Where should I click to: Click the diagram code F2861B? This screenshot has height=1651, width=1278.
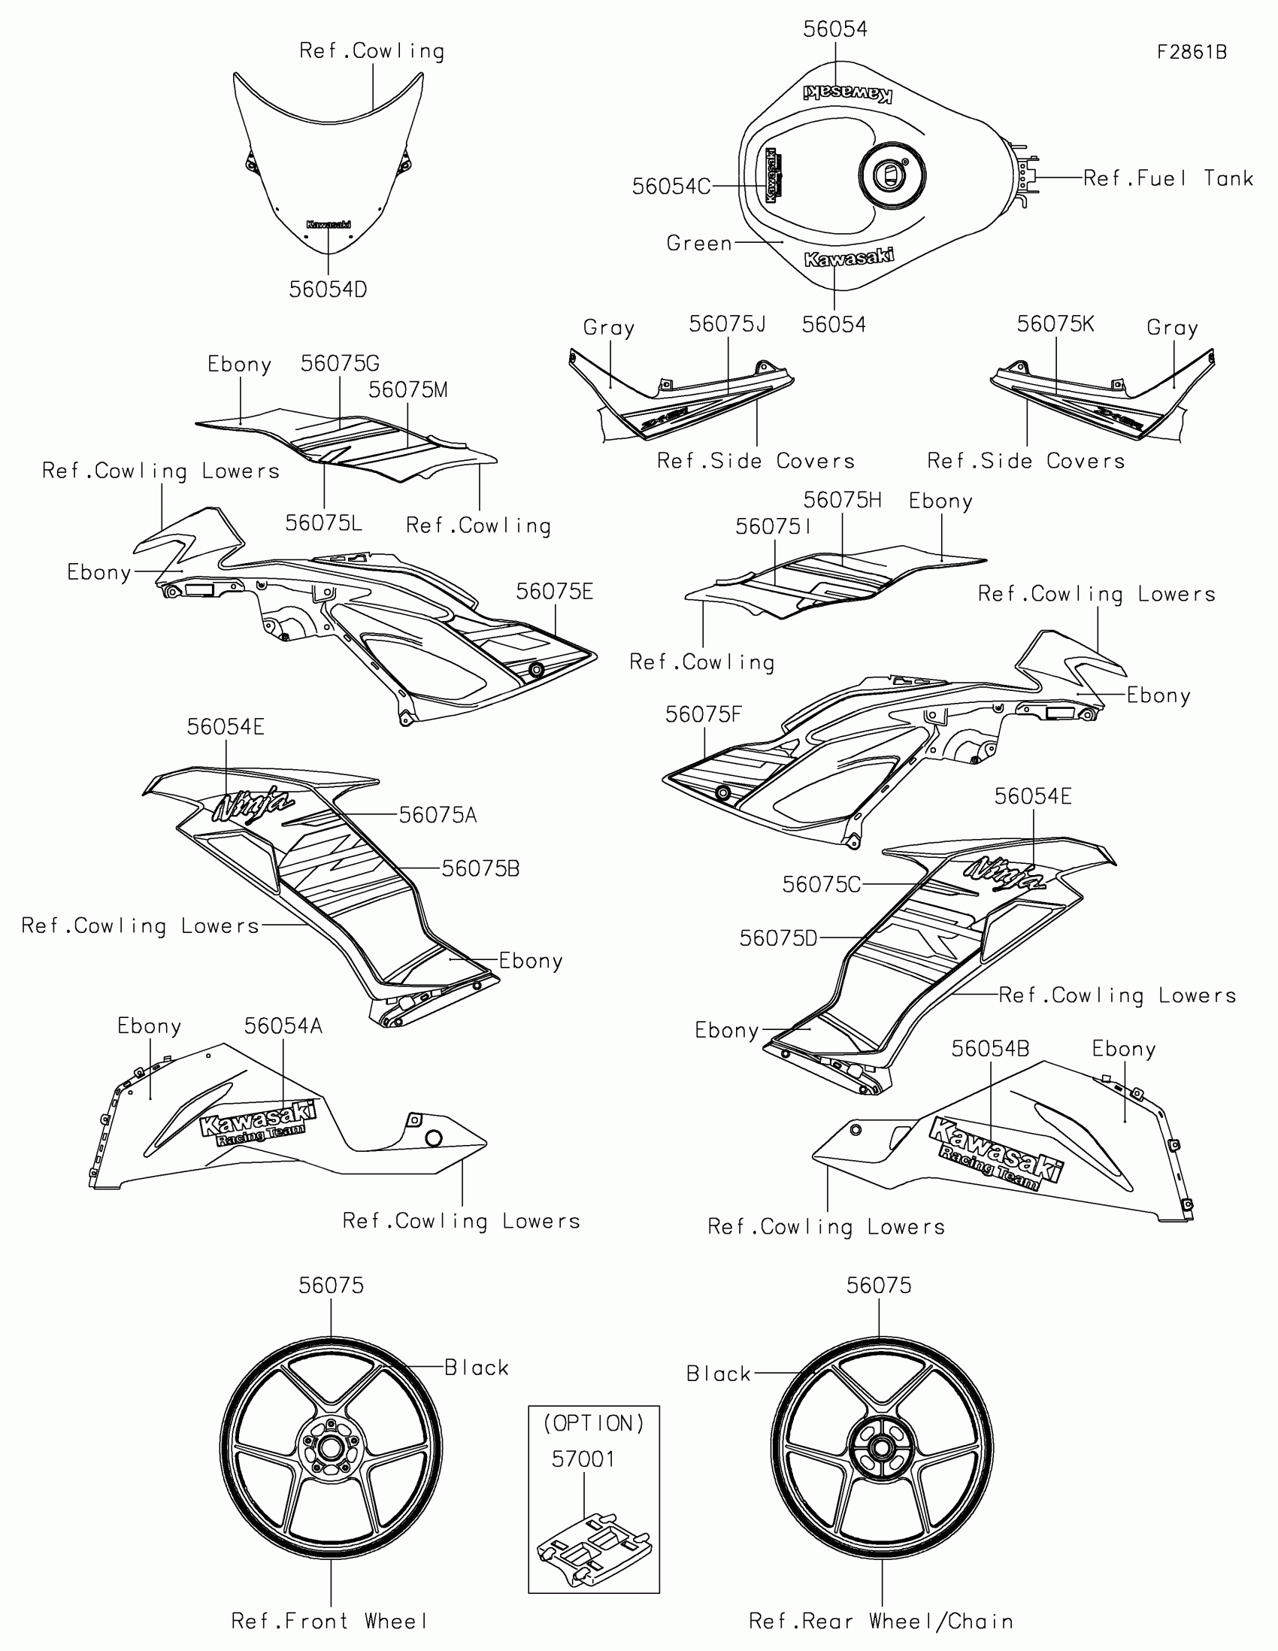tap(1192, 52)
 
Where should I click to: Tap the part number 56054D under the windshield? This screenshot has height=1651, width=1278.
tap(328, 289)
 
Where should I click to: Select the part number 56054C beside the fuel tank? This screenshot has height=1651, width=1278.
tap(671, 186)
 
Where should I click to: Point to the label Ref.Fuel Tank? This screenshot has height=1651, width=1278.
tap(1167, 178)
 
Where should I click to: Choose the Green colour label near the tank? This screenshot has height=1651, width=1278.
tap(699, 244)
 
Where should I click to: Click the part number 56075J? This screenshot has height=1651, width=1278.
tap(727, 324)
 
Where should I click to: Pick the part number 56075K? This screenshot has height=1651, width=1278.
tap(1055, 324)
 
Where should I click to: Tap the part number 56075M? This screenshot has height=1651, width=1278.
tap(408, 390)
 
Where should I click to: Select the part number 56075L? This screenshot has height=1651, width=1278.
tap(323, 523)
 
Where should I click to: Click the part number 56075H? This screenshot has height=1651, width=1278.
tap(842, 501)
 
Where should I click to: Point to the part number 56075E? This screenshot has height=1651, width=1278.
tap(555, 592)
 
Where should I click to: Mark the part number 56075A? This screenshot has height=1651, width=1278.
tap(438, 815)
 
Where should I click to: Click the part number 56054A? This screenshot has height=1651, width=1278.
tap(283, 1025)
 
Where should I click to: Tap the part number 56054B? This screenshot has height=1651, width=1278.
tap(990, 1049)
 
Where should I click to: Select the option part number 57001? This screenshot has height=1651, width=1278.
tap(583, 1459)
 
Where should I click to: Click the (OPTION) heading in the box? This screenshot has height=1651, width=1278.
tap(594, 1423)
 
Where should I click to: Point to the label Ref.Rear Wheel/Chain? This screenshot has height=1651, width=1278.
tap(880, 1621)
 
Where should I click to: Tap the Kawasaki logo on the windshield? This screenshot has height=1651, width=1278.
tap(328, 225)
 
